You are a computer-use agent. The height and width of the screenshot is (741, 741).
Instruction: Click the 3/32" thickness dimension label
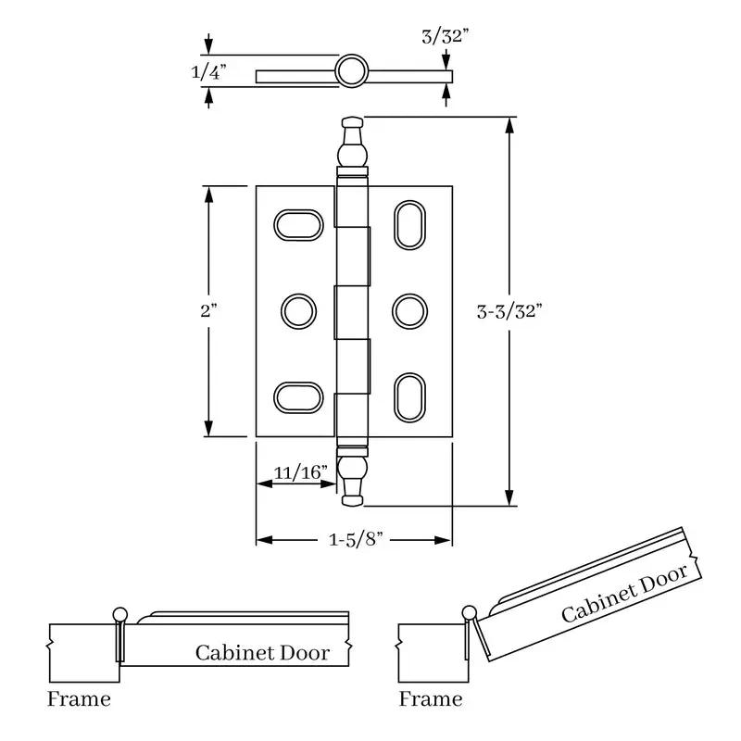pyautogui.click(x=446, y=36)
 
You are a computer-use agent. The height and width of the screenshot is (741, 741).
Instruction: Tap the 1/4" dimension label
pyautogui.click(x=208, y=72)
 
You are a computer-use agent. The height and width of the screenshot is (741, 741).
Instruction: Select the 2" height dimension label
pyautogui.click(x=208, y=311)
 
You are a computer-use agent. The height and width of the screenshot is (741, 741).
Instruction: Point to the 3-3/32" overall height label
pyautogui.click(x=509, y=311)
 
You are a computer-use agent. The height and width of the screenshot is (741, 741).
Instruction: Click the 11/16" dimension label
pyautogui.click(x=300, y=472)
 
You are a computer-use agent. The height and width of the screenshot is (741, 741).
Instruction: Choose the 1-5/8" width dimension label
pyautogui.click(x=356, y=539)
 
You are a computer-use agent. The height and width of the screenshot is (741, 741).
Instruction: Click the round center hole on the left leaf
pyautogui.click(x=298, y=311)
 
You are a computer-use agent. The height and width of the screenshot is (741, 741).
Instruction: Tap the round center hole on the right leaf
pyautogui.click(x=409, y=311)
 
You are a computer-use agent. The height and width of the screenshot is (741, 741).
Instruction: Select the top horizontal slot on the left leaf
pyautogui.click(x=298, y=225)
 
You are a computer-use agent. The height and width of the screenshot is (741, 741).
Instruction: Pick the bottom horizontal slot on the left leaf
pyautogui.click(x=298, y=397)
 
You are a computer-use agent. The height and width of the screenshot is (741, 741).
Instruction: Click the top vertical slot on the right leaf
pyautogui.click(x=409, y=225)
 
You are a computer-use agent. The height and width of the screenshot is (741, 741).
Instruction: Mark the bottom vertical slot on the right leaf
pyautogui.click(x=409, y=397)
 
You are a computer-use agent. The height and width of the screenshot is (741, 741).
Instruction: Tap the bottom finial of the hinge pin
pyautogui.click(x=353, y=476)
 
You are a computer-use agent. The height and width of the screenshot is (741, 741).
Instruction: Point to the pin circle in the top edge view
pyautogui.click(x=352, y=71)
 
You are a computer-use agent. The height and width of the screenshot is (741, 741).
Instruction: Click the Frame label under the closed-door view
pyautogui.click(x=79, y=699)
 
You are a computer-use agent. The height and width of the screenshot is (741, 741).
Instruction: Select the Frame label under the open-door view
pyautogui.click(x=431, y=699)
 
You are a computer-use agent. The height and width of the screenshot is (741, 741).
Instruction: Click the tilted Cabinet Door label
pyautogui.click(x=624, y=594)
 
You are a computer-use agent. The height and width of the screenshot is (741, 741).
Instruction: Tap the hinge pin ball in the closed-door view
pyautogui.click(x=120, y=615)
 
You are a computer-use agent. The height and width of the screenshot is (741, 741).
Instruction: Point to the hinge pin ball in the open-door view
pyautogui.click(x=470, y=613)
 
